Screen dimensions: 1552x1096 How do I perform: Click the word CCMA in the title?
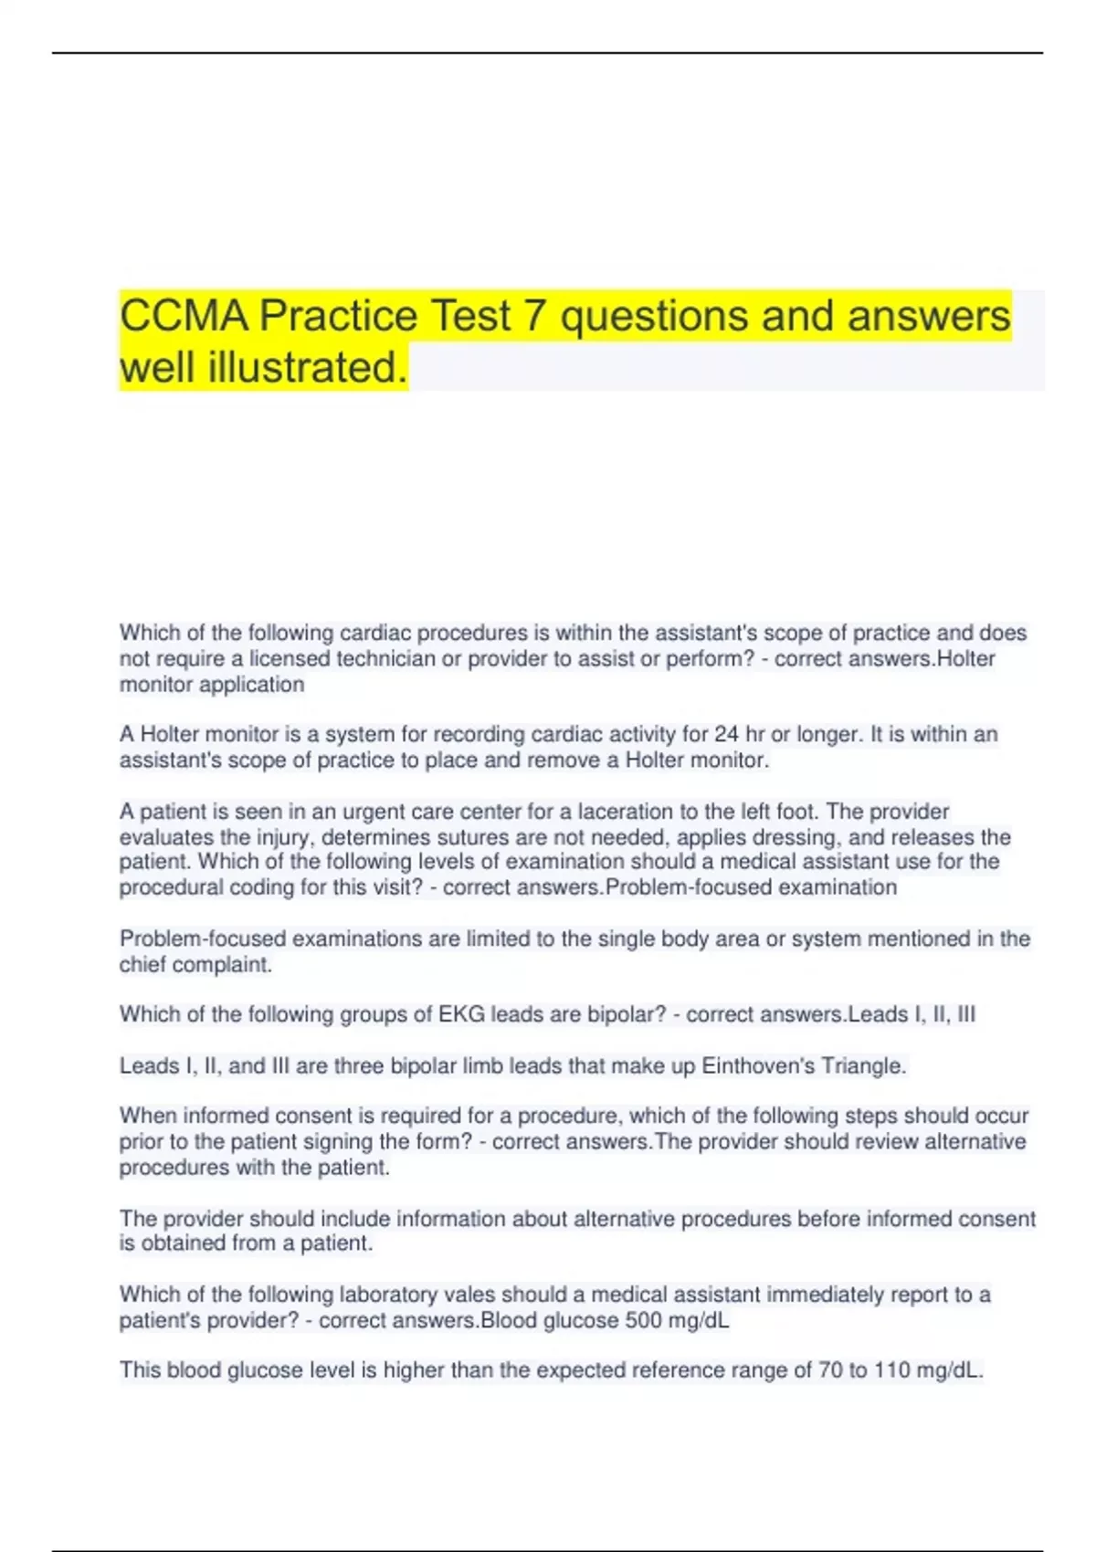tap(184, 317)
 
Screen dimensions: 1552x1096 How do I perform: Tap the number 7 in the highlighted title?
tap(533, 317)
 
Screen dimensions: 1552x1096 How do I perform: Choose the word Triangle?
tap(863, 1066)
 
